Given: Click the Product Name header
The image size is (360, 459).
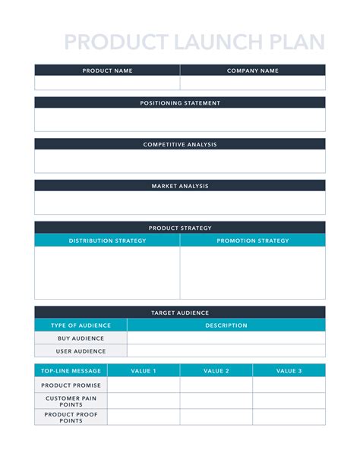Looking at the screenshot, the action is (x=107, y=71).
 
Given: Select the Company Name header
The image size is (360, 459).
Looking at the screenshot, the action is (x=253, y=71).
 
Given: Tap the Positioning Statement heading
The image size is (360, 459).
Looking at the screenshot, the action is (x=180, y=102).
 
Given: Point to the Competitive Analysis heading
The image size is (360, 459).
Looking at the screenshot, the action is (x=180, y=144).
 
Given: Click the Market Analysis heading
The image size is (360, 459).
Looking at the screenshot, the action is (x=180, y=186).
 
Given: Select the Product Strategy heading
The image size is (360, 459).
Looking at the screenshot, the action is (x=180, y=228).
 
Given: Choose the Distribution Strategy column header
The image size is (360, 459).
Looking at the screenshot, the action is (x=107, y=241).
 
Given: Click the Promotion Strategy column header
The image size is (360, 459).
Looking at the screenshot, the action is (x=253, y=241).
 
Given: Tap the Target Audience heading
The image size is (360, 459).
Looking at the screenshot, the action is (x=180, y=313).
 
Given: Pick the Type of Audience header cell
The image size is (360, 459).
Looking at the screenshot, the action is (x=81, y=325).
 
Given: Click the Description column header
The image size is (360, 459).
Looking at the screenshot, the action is (x=226, y=325).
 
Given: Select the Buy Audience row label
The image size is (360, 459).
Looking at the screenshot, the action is (x=81, y=338).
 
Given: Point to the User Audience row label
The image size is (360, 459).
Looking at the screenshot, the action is (x=81, y=351).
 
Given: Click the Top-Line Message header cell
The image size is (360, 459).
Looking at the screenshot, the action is (x=71, y=371).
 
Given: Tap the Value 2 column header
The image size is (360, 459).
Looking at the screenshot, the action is (x=216, y=371).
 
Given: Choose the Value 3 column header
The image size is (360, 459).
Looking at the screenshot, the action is (x=289, y=371).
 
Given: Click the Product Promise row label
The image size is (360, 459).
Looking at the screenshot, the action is (x=71, y=385).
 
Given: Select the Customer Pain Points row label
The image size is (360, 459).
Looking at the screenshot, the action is (x=71, y=401).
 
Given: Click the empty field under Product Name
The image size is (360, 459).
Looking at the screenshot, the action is (x=107, y=83).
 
